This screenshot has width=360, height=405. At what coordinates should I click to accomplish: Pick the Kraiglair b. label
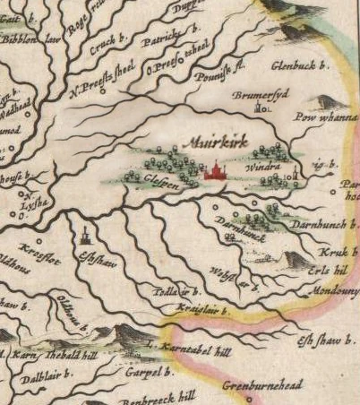tap(197, 310)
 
